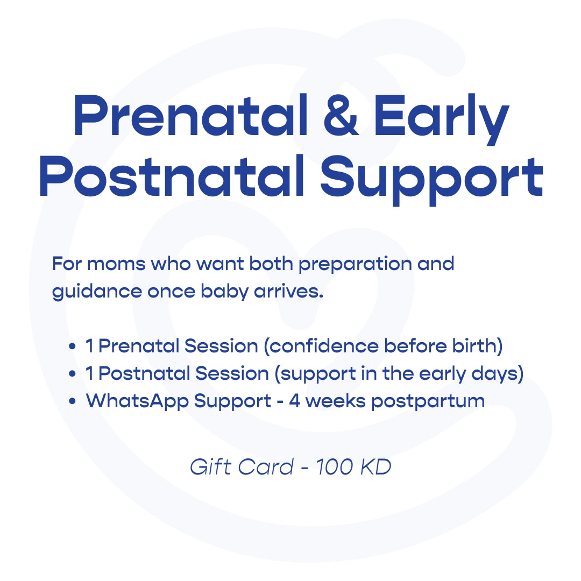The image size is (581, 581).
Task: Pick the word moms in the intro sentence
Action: pyautogui.click(x=117, y=264)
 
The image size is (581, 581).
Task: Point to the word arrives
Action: pyautogui.click(x=294, y=292)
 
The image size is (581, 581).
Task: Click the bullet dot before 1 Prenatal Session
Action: pyautogui.click(x=72, y=348)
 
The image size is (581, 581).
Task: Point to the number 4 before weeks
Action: pyautogui.click(x=294, y=401)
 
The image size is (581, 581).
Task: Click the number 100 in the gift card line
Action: pyautogui.click(x=334, y=467)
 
